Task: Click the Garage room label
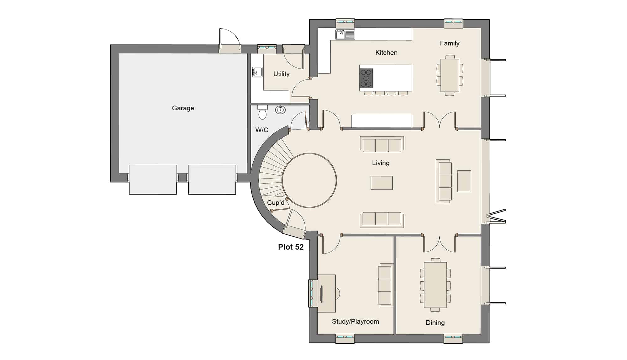[183, 108]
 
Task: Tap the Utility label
[281, 74]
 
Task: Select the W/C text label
[262, 130]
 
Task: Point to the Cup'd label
[276, 203]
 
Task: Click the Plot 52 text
[291, 247]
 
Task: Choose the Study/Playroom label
[356, 321]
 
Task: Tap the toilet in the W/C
[262, 112]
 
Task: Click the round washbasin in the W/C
[280, 110]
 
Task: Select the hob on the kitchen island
[366, 78]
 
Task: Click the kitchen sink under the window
[345, 34]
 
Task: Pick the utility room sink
[257, 72]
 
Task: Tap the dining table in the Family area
[450, 76]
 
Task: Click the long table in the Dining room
[435, 285]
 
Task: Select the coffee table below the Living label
[382, 183]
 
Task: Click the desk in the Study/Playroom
[326, 294]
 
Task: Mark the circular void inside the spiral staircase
[309, 180]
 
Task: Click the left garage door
[153, 180]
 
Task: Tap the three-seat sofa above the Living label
[382, 144]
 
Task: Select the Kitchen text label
[386, 53]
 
